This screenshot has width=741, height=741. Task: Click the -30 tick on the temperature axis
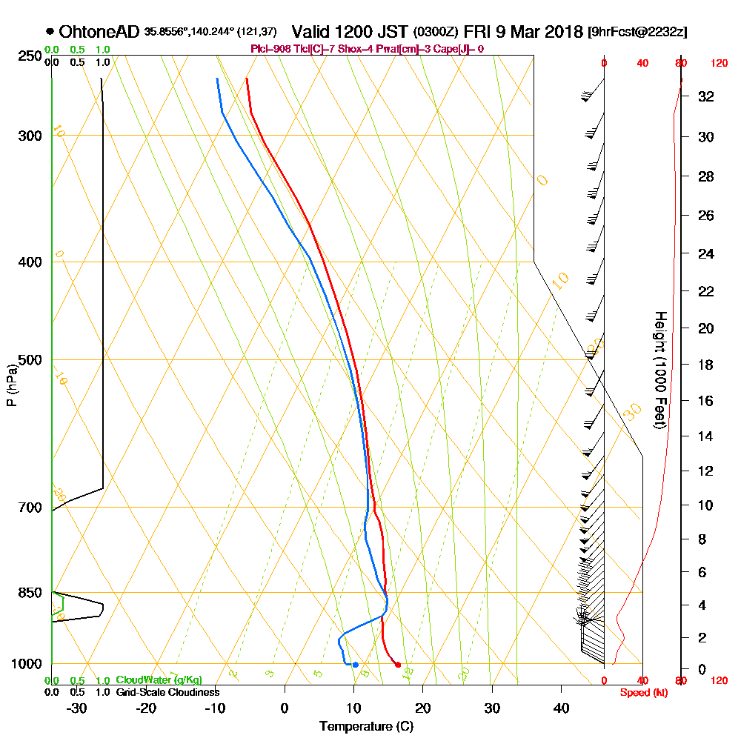coord(77,708)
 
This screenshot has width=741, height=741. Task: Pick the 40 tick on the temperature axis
coord(561,708)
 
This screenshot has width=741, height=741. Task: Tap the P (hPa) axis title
coord(11,385)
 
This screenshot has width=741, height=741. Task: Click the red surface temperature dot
coord(398,665)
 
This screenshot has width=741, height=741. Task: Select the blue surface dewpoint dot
coord(355,665)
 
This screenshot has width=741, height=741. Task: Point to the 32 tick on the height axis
coord(707,96)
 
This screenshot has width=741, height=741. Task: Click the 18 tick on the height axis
coord(707,365)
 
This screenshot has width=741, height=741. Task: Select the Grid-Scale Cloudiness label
coord(167,692)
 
